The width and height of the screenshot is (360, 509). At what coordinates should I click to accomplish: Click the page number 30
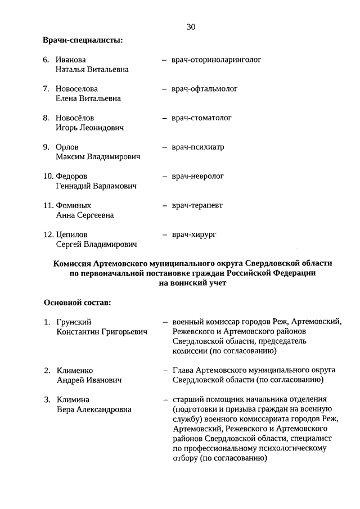click(191, 26)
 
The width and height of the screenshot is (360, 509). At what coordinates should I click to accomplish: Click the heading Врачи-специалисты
click(83, 40)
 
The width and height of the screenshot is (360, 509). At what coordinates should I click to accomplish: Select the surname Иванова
click(70, 60)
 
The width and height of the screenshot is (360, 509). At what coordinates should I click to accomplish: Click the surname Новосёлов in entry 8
click(75, 118)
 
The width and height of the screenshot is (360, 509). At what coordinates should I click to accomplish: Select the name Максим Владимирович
click(98, 157)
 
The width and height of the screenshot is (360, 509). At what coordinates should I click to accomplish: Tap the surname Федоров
click(72, 177)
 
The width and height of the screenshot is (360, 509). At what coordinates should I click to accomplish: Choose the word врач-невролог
click(198, 177)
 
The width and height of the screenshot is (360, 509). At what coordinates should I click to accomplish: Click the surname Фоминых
click(74, 206)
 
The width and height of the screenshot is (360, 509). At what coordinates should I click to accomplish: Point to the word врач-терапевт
click(197, 206)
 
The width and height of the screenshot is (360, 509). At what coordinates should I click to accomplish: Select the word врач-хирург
click(195, 235)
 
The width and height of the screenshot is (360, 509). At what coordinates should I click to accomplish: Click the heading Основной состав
click(77, 303)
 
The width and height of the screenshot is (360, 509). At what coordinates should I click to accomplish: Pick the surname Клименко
click(75, 371)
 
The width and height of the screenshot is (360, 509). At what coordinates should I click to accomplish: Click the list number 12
click(49, 235)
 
